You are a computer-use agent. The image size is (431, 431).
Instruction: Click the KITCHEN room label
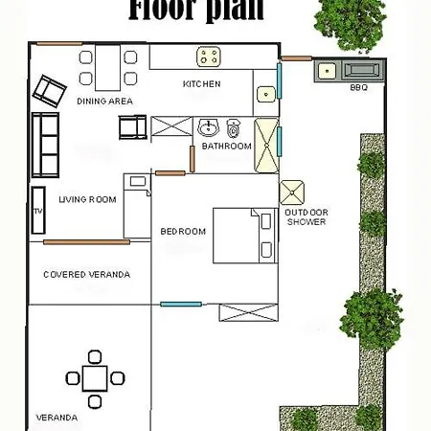pos(201,84)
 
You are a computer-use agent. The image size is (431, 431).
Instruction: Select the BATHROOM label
pos(226,147)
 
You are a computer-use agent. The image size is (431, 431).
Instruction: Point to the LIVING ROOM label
pos(87,199)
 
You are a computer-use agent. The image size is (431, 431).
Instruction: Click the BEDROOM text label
pos(183,231)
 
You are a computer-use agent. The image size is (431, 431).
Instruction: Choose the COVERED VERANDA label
pos(86,275)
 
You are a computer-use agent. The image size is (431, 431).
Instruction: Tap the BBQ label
pos(359,87)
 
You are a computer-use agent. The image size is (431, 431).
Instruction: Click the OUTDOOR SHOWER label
pos(306,216)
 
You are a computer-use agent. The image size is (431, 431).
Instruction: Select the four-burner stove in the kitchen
pos(210,57)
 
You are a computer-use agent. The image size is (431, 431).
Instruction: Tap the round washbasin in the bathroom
pos(209,126)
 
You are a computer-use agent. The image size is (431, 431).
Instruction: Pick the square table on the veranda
pos(93,377)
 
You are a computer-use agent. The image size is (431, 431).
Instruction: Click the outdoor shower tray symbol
pos(292,192)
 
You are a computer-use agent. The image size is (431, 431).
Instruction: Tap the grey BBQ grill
pos(363,70)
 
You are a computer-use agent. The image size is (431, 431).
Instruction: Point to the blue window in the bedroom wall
pos(181,304)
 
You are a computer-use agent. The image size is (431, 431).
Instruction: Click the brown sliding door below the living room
pos(86,242)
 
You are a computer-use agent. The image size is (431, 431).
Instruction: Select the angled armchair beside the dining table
pos(46,90)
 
